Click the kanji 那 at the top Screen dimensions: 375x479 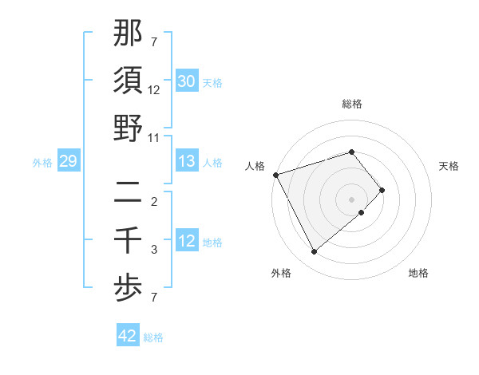129,34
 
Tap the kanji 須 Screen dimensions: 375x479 129,81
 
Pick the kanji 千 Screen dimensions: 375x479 129,240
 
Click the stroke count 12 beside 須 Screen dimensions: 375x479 154,90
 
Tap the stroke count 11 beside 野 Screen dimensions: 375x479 154,137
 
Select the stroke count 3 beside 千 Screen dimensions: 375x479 154,250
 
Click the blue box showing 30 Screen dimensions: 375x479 187,81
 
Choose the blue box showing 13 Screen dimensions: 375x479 187,161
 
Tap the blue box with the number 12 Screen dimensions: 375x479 187,241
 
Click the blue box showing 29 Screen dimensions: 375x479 68,161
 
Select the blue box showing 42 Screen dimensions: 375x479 128,336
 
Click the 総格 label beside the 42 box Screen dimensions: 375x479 153,337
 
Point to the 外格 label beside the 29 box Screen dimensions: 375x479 42,163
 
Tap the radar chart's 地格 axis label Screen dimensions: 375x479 418,273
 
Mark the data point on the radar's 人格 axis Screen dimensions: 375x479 275,174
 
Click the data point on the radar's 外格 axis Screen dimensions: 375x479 314,252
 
